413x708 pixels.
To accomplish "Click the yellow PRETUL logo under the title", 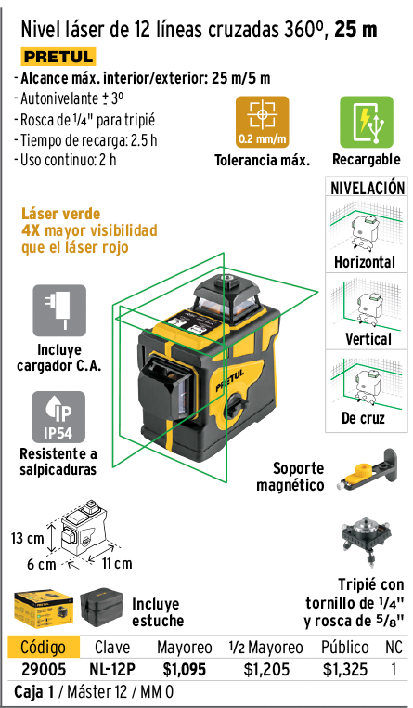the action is point(58,57).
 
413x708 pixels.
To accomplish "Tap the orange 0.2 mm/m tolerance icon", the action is point(262,122).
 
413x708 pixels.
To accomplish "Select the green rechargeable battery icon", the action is point(366,122).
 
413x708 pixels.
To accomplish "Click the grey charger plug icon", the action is point(59,310).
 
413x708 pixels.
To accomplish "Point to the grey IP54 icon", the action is point(58,417).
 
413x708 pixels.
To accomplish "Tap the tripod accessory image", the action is point(366,542).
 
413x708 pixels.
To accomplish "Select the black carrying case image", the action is point(101,607).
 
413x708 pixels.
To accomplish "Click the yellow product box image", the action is point(44,608).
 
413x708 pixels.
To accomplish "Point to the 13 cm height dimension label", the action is point(28,538).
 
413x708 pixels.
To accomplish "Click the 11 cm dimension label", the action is point(117,563).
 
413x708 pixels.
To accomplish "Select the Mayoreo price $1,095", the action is point(185,670).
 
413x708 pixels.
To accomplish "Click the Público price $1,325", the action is point(345,670).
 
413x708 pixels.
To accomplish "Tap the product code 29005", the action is point(44,670).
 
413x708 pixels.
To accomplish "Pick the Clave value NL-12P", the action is point(112,670).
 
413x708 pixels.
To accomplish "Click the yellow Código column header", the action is point(44,647).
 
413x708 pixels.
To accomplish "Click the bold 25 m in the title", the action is point(355,31).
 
